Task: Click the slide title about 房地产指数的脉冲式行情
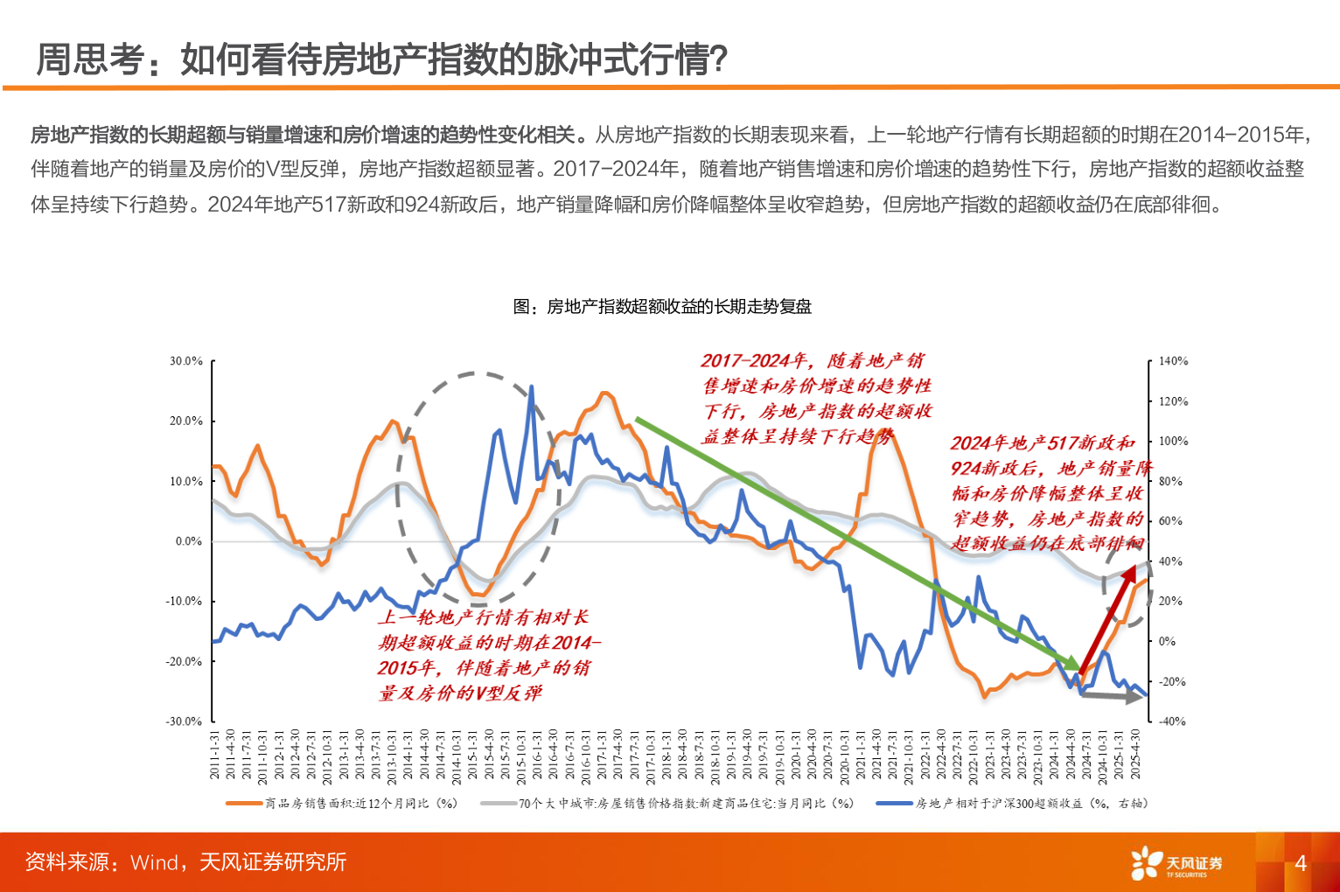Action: pos(382,59)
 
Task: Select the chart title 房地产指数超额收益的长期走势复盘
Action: pos(662,307)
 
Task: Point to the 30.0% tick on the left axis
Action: pos(186,361)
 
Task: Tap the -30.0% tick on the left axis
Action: pos(185,721)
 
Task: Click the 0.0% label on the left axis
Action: pos(189,541)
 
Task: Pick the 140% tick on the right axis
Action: pos(1173,361)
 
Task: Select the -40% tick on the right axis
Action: pos(1172,721)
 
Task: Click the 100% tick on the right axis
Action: pos(1173,442)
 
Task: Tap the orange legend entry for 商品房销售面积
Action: pos(342,803)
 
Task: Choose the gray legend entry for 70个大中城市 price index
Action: pos(669,803)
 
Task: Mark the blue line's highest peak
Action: pos(531,387)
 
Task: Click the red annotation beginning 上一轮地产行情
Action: pos(485,655)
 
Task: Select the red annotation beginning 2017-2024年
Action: pos(816,398)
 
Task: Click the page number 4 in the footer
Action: pos(1300,863)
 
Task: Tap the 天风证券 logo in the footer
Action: pos(1176,864)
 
